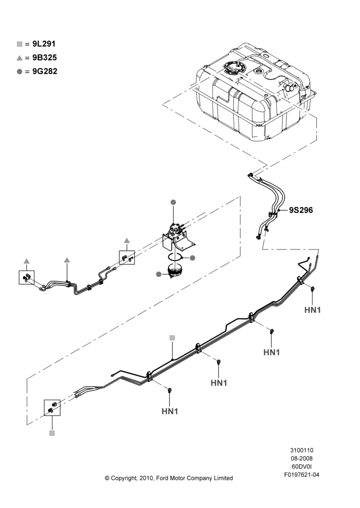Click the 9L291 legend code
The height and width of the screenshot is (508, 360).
[44, 44]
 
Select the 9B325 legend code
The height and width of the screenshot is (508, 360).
[45, 58]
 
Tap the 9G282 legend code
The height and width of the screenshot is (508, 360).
[45, 71]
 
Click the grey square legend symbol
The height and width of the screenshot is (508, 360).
[19, 44]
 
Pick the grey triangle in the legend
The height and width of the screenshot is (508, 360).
[19, 58]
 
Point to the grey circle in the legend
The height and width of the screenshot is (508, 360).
[19, 72]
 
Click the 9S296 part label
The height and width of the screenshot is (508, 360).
[301, 210]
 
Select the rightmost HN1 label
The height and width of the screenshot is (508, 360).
[312, 310]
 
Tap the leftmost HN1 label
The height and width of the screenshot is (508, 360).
[170, 411]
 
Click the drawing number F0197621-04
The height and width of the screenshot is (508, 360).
[302, 474]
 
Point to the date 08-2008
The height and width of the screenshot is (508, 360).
[302, 458]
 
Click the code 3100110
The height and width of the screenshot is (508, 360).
[302, 450]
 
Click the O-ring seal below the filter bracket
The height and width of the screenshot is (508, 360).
[175, 258]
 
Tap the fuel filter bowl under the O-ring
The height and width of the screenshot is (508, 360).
[174, 271]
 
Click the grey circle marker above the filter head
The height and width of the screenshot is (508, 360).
[173, 202]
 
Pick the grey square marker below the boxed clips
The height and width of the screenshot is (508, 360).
[52, 433]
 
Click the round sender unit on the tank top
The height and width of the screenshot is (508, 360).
[233, 68]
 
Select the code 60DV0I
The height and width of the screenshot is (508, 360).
[302, 466]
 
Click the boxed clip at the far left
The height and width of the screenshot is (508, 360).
[26, 277]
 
